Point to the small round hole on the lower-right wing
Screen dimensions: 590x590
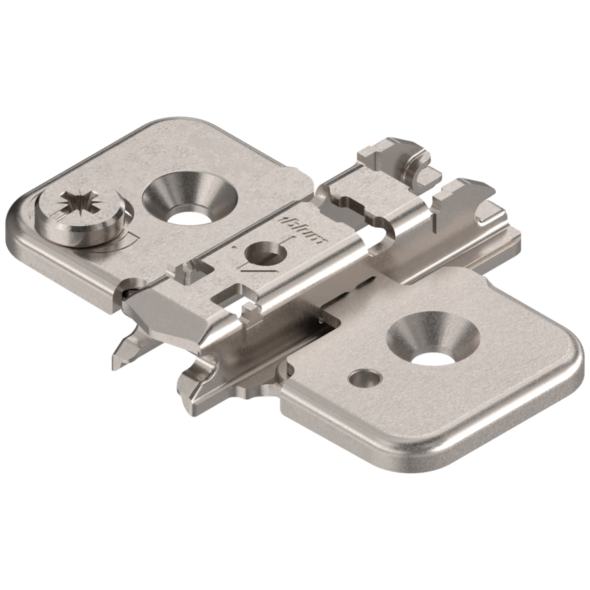362,378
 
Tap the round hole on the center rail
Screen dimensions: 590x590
262,252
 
